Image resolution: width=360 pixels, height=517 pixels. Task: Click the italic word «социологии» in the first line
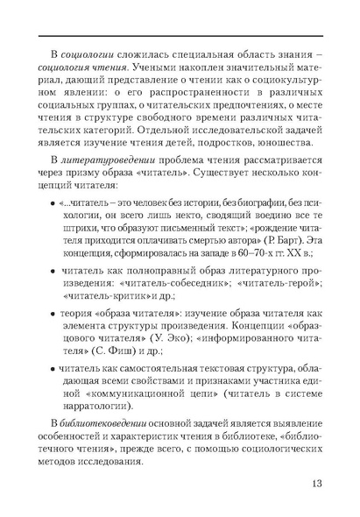click(89, 53)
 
